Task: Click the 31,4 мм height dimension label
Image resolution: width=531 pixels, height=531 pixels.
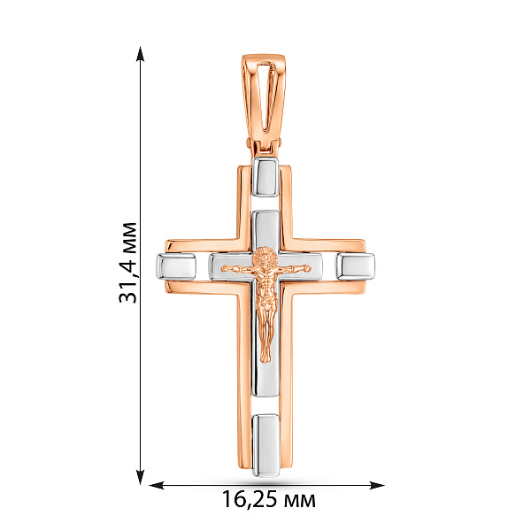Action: pyautogui.click(x=128, y=263)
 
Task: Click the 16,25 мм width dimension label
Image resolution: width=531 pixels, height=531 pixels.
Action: pyautogui.click(x=268, y=499)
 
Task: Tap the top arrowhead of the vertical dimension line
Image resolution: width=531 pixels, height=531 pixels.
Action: pyautogui.click(x=140, y=54)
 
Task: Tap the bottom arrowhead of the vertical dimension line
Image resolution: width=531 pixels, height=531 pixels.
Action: pyautogui.click(x=140, y=477)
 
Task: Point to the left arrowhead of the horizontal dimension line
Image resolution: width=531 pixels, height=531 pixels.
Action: pyautogui.click(x=157, y=485)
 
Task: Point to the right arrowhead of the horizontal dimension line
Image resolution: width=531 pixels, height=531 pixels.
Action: pyautogui.click(x=377, y=485)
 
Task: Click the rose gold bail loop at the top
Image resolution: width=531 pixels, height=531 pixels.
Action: pyautogui.click(x=265, y=97)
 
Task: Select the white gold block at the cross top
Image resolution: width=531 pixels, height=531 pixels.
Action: pyautogui.click(x=265, y=177)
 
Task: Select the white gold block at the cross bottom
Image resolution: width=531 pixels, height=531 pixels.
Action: pyautogui.click(x=265, y=445)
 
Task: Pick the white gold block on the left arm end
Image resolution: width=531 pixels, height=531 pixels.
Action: pyautogui.click(x=176, y=267)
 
